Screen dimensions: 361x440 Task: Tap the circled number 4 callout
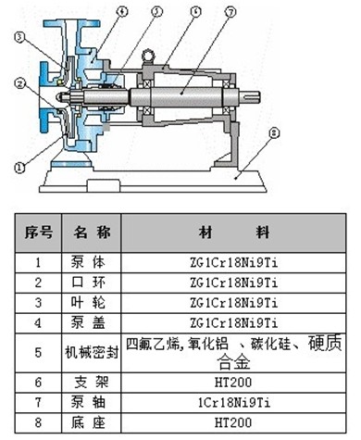pos(121,11)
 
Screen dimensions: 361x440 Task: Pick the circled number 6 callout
pos(195,11)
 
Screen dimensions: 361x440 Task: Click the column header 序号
pos(38,231)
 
